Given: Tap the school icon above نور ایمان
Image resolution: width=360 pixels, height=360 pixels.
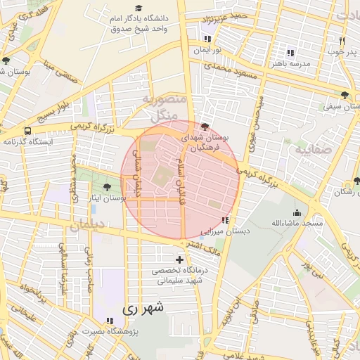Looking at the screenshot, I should [207, 39].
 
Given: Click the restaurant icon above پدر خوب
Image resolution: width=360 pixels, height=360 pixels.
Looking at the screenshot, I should [342, 41].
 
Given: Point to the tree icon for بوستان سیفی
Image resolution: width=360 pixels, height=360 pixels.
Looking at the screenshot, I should [344, 95].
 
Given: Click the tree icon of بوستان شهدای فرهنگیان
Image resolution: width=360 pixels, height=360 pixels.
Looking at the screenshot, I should [204, 127].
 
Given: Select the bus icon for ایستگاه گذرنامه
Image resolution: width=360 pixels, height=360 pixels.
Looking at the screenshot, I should [27, 131].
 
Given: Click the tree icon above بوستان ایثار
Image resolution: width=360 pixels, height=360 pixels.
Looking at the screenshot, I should [106, 187].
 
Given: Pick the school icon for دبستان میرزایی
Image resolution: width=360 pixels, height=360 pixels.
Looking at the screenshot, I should [224, 220].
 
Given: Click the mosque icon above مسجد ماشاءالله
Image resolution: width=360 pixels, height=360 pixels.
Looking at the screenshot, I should [298, 212].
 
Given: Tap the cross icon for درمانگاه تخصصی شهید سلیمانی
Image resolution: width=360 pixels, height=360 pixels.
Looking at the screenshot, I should [179, 260].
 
